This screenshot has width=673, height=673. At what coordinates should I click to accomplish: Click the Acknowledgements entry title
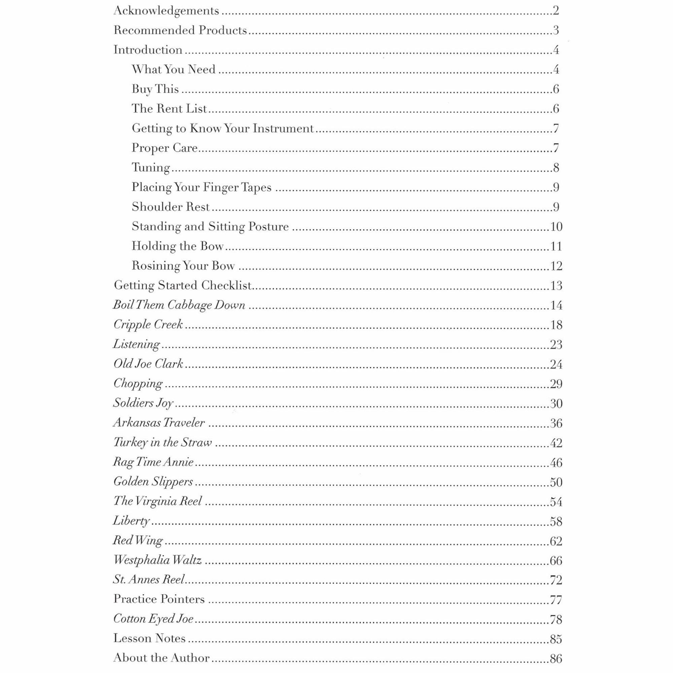tap(166, 11)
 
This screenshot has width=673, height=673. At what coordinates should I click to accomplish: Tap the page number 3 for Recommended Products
tap(556, 31)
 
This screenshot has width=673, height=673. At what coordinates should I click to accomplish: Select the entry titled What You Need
tap(174, 70)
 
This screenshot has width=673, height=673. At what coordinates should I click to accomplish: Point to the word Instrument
tap(283, 129)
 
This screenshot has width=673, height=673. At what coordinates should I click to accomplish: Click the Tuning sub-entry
tap(151, 168)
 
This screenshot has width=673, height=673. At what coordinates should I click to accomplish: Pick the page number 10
tap(556, 227)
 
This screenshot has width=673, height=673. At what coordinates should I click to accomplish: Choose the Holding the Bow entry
tap(177, 246)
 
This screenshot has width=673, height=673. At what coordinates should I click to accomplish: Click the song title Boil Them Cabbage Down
tap(179, 305)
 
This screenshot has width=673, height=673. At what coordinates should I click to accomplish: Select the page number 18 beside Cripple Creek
tap(556, 325)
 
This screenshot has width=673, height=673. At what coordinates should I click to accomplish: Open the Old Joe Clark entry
tap(148, 364)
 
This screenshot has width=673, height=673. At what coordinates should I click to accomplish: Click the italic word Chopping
tap(138, 384)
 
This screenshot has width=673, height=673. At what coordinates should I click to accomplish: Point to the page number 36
tap(556, 423)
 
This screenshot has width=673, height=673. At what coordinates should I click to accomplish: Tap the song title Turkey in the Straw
tap(163, 443)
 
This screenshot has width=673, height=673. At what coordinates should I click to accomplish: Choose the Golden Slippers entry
tap(153, 482)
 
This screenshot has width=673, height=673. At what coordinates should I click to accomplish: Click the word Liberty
tap(131, 521)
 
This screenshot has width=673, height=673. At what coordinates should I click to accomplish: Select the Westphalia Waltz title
tap(157, 561)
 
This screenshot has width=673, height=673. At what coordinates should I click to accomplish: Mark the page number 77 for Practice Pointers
tap(556, 600)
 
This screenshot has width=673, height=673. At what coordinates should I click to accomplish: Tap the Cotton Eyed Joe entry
tap(153, 619)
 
